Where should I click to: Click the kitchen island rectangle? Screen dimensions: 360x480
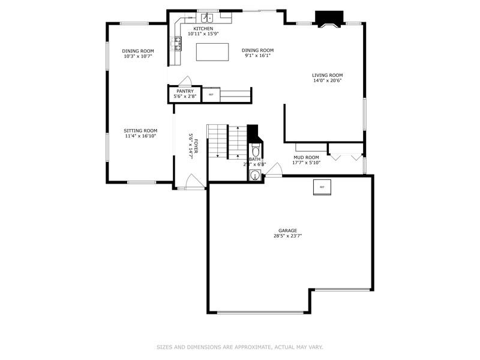coord(213,52)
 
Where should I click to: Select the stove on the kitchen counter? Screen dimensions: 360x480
coord(178,41)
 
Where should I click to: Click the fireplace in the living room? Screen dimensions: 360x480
coord(328,20)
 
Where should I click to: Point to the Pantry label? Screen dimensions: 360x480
coord(185,91)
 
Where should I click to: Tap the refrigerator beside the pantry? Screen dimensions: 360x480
coord(211,95)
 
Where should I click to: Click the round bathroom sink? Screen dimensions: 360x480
coord(255,176)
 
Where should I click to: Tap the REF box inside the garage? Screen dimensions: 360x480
coord(322,187)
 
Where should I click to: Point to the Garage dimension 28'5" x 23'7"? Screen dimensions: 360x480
coord(287,236)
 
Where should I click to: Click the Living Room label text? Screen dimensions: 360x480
coord(327,75)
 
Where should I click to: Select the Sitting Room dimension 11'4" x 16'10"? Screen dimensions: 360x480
coord(140,136)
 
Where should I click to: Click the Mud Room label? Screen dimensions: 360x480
coord(306,157)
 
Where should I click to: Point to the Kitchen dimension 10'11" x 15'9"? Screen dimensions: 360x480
coord(203,34)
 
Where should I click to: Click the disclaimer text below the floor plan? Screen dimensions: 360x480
coord(239,347)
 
